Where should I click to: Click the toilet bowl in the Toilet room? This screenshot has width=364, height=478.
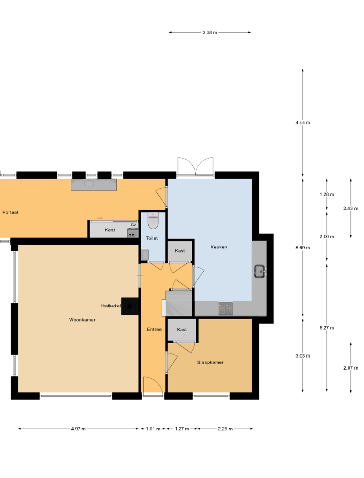(153, 220)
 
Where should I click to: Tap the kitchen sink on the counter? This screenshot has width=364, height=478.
(260, 271)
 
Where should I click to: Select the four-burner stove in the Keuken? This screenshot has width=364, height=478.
(225, 308)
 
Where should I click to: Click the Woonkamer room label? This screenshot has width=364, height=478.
(82, 320)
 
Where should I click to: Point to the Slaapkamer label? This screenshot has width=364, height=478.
(210, 362)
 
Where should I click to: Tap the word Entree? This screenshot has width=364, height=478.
(154, 329)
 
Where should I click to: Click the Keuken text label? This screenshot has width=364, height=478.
(219, 247)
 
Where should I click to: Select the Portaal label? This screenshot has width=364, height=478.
(10, 212)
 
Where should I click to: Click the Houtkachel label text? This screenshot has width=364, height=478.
(111, 306)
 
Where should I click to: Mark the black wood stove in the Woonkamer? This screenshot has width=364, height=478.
(130, 306)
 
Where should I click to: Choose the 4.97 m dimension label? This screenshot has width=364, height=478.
(78, 429)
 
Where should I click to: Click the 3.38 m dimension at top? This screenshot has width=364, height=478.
(210, 32)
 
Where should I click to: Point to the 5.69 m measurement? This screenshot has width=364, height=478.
(303, 248)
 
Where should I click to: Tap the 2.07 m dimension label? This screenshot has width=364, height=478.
(351, 368)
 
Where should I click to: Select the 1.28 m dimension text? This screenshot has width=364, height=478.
(327, 194)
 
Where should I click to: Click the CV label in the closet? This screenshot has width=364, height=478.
(133, 225)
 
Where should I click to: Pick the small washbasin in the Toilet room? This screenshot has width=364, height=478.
(145, 255)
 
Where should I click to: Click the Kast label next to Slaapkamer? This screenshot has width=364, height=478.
(182, 329)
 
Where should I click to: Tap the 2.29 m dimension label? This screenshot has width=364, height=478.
(225, 429)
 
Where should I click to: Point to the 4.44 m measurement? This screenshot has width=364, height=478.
(303, 123)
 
